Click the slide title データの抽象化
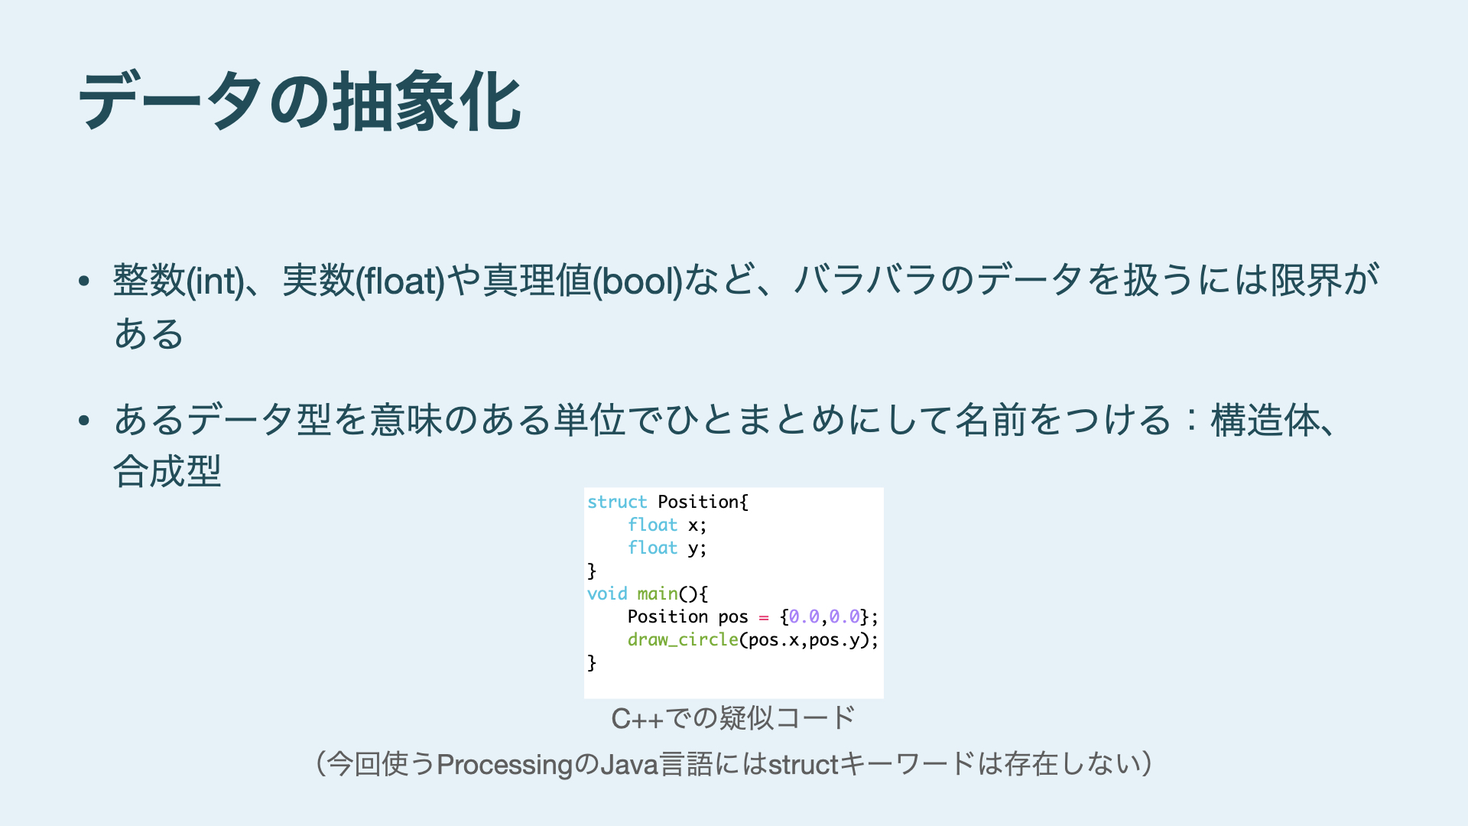pos(300,101)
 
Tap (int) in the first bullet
pos(215,280)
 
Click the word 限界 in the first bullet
pos(1307,280)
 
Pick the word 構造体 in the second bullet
pos(1264,420)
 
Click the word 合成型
pos(167,470)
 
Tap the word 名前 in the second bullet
pos(990,420)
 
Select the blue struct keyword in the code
pos(617,502)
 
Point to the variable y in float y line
pos(693,549)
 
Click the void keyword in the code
pos(607,593)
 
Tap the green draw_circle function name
pos(683,639)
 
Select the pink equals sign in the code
pos(764,617)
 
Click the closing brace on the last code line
pos(592,662)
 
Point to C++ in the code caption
pos(638,718)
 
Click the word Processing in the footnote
pos(505,764)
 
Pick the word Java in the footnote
pos(629,764)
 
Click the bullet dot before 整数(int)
pos(84,281)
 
